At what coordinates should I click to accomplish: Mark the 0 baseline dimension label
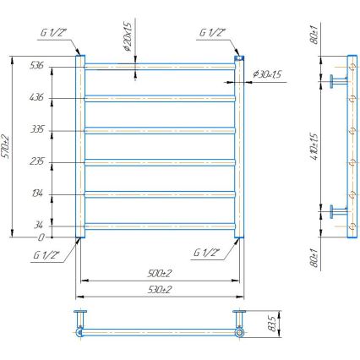tap(41, 237)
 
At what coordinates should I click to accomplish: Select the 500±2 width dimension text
tap(159, 273)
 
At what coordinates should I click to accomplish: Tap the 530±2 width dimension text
tap(159, 290)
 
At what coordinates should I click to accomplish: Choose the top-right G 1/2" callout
tap(211, 34)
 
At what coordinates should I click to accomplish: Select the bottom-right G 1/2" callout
tap(205, 253)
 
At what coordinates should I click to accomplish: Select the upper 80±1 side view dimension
tap(314, 39)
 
